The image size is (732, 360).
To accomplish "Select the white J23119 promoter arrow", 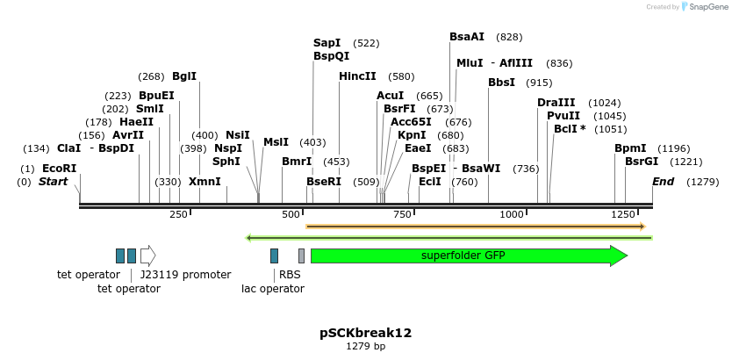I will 147,256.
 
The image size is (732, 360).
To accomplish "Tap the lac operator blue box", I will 275,256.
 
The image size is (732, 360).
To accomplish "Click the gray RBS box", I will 301,256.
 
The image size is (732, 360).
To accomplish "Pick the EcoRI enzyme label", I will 60,169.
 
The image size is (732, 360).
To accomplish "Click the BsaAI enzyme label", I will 467,37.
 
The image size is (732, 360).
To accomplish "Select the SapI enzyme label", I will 327,43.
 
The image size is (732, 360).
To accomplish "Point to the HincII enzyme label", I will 357,76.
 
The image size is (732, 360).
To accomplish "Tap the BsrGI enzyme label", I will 641,162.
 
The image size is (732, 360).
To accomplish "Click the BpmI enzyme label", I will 630,148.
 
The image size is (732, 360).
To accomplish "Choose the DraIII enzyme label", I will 556,103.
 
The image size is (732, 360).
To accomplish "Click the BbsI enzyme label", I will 502,83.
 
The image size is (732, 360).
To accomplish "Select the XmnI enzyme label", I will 205,182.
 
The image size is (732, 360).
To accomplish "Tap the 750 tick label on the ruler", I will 402,214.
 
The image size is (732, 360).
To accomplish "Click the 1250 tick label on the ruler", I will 624,214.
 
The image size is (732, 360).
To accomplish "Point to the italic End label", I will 663,182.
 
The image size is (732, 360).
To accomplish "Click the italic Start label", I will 53,182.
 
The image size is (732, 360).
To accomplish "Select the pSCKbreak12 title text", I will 365,334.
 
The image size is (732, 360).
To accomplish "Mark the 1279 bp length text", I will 365,347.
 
